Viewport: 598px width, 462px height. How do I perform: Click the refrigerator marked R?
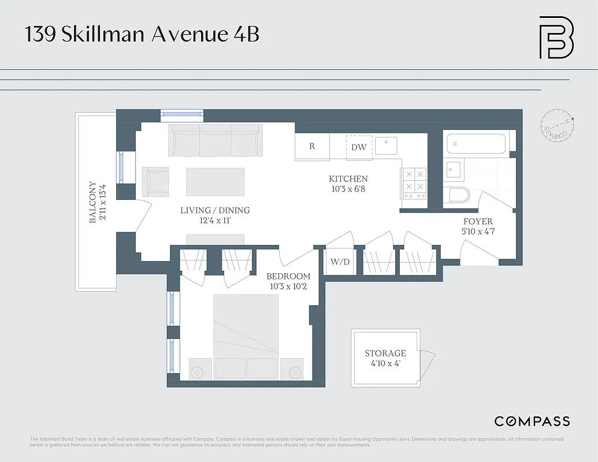coord(312,147)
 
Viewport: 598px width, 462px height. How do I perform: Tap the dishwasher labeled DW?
coord(359,147)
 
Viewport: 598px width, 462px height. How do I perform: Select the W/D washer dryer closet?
coord(340,262)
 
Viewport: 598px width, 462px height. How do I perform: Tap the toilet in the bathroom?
coord(458,195)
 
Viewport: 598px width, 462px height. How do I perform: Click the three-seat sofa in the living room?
coord(213,141)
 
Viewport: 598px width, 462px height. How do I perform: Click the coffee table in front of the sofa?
coord(216,182)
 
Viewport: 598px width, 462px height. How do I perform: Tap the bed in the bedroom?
coord(246,335)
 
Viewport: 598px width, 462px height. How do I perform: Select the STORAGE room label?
coord(385,353)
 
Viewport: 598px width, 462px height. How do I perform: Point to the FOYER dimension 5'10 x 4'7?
coord(478,232)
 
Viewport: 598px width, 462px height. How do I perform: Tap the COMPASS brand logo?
coord(532,421)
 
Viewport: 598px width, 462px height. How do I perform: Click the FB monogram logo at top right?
coord(556,38)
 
